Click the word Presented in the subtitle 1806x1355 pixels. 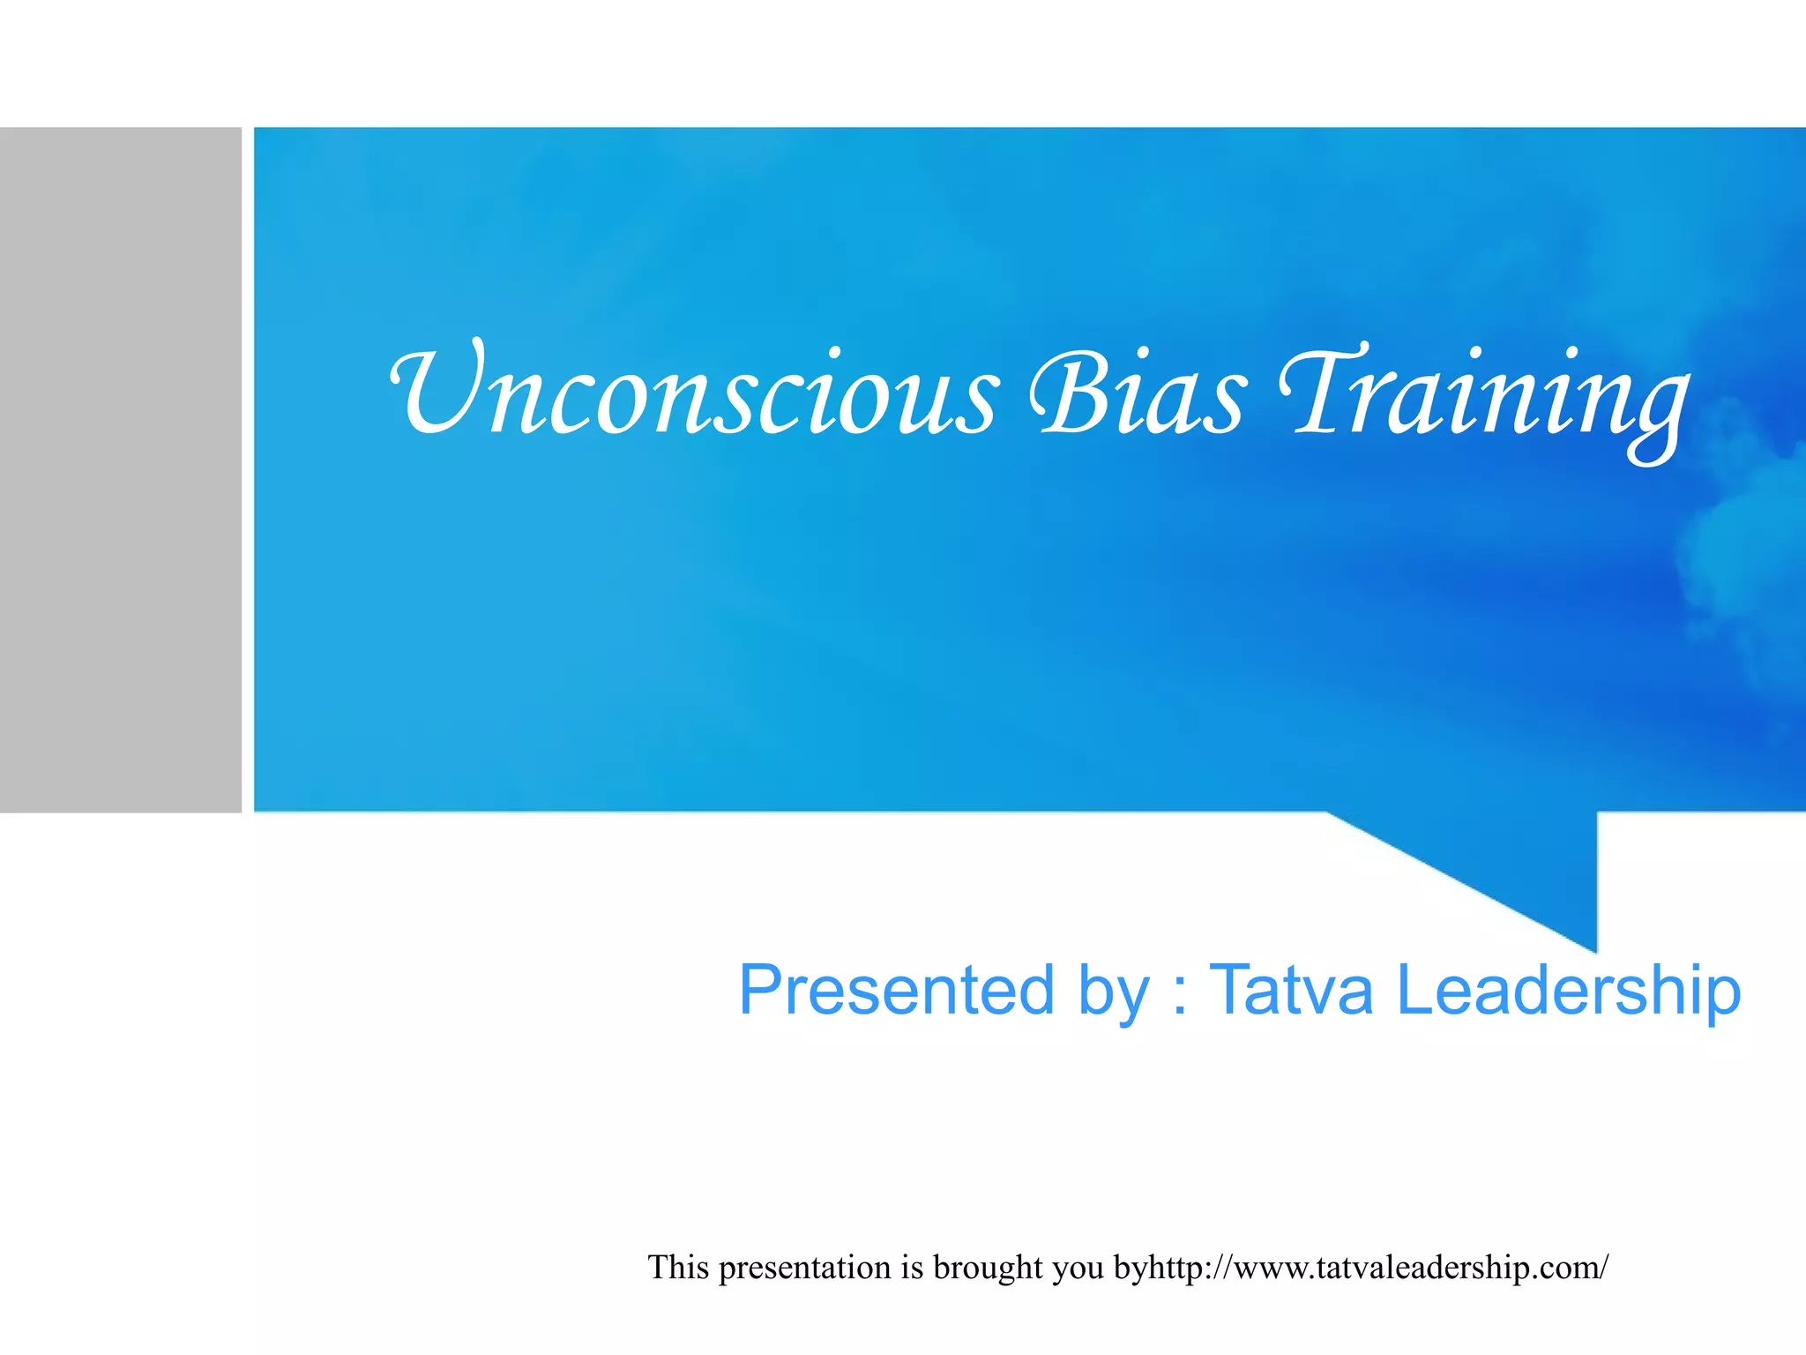point(896,990)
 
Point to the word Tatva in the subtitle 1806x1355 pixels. point(1290,990)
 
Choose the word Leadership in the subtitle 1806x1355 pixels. point(1569,990)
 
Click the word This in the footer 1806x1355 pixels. point(679,1268)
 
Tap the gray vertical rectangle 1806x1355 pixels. point(120,469)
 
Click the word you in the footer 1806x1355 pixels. point(1078,1270)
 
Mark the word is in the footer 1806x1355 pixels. point(911,1268)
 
